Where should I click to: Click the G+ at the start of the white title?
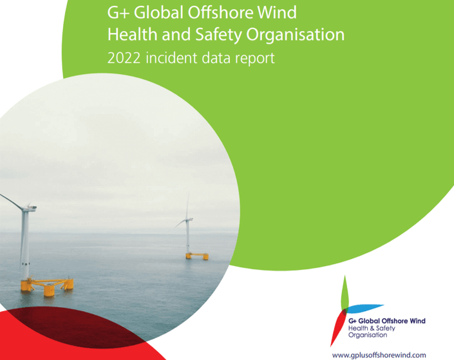click(x=118, y=13)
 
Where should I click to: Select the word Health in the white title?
click(x=133, y=34)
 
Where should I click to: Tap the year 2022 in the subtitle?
click(x=124, y=58)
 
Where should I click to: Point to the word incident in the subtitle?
click(x=172, y=58)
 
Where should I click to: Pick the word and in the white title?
click(x=176, y=34)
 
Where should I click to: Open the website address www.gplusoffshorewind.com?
click(x=379, y=355)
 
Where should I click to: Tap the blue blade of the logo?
click(x=365, y=308)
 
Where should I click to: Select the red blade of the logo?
click(x=337, y=328)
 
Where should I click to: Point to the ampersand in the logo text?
click(x=372, y=328)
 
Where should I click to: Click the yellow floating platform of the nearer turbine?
click(x=47, y=286)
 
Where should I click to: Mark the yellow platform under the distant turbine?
click(x=197, y=256)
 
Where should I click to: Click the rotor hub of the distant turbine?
click(x=188, y=219)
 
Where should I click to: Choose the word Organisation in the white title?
click(x=296, y=35)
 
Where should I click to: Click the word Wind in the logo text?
click(x=418, y=321)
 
